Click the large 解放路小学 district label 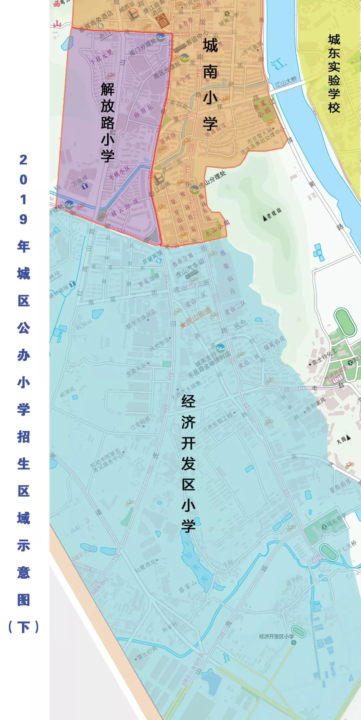(x=108, y=122)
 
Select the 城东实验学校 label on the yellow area (x=334, y=73)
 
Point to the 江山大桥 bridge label (x=286, y=81)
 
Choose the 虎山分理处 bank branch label (x=213, y=180)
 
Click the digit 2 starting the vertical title (x=23, y=160)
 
